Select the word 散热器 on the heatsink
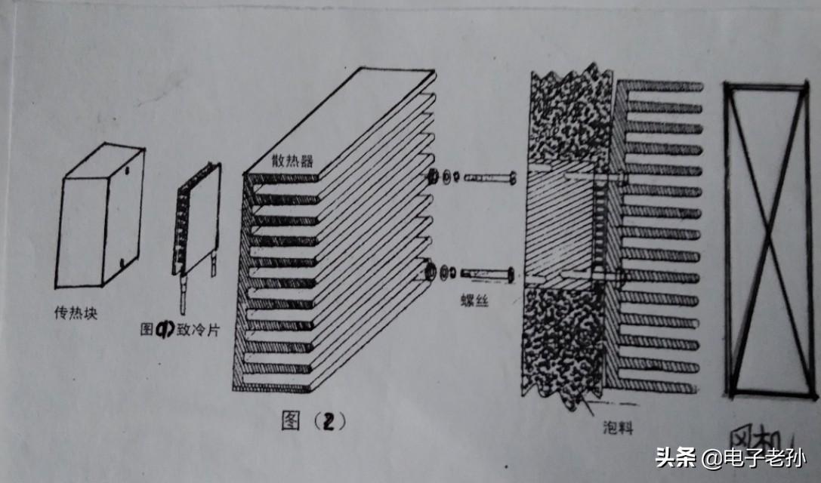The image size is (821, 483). pos(292,162)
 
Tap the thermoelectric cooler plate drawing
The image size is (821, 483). pos(198,223)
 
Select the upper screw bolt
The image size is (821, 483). pos(487,179)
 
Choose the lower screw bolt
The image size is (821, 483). pos(487,272)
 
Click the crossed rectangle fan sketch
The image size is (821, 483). pos(767,239)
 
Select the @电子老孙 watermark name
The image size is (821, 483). pos(752,457)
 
